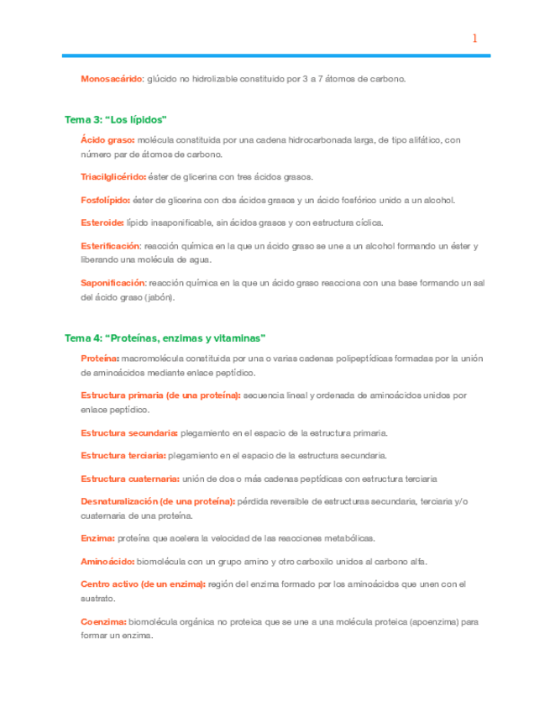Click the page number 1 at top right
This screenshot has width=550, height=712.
474,38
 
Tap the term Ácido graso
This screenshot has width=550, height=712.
107,140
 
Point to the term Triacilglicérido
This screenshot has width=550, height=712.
113,177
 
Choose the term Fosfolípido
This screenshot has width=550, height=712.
106,200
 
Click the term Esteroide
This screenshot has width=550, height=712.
102,222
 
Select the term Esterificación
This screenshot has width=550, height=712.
111,246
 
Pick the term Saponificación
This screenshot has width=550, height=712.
113,282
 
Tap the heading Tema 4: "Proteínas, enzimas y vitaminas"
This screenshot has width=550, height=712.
165,338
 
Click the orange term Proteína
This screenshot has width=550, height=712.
99,359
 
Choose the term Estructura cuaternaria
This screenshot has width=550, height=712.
130,478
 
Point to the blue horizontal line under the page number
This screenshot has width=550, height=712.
277,56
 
